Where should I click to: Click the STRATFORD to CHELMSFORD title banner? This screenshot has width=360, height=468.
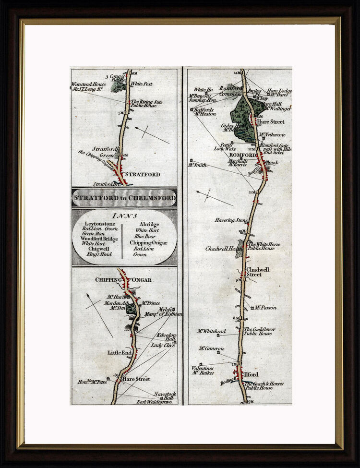(124, 198)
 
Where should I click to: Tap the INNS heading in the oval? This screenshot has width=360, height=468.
(123, 216)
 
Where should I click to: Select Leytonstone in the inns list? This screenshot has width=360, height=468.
(101, 224)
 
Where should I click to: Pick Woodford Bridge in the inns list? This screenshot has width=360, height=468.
(99, 239)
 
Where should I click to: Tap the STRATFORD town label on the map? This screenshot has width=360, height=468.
(142, 174)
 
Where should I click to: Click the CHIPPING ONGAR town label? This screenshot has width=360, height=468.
(123, 280)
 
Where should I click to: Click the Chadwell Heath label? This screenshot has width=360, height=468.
(223, 249)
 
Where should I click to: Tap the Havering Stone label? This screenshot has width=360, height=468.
(231, 220)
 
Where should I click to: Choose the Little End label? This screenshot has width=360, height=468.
(119, 353)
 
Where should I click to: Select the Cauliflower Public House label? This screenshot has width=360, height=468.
(259, 331)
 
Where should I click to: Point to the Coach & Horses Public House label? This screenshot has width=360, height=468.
(264, 385)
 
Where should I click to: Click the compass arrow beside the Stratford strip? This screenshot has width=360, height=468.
(152, 135)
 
